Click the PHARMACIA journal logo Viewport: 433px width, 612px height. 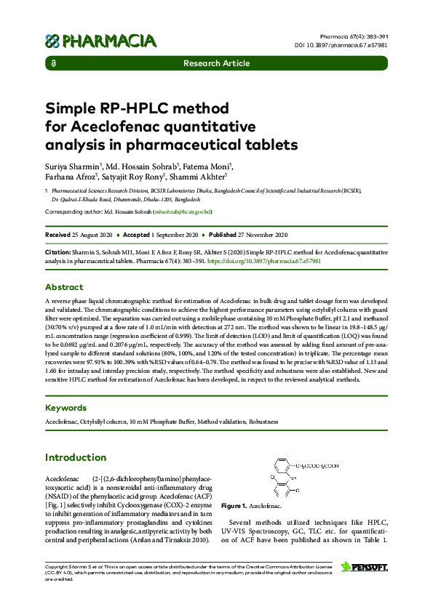[100, 41]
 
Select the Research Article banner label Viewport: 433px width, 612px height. [216, 64]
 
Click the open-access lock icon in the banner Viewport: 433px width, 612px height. [55, 64]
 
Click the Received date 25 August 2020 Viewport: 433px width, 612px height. [92, 235]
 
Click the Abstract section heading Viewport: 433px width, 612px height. [64, 287]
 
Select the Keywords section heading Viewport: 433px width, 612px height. [65, 408]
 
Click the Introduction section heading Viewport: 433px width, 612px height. [76, 458]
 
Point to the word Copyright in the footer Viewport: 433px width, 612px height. [57, 565]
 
